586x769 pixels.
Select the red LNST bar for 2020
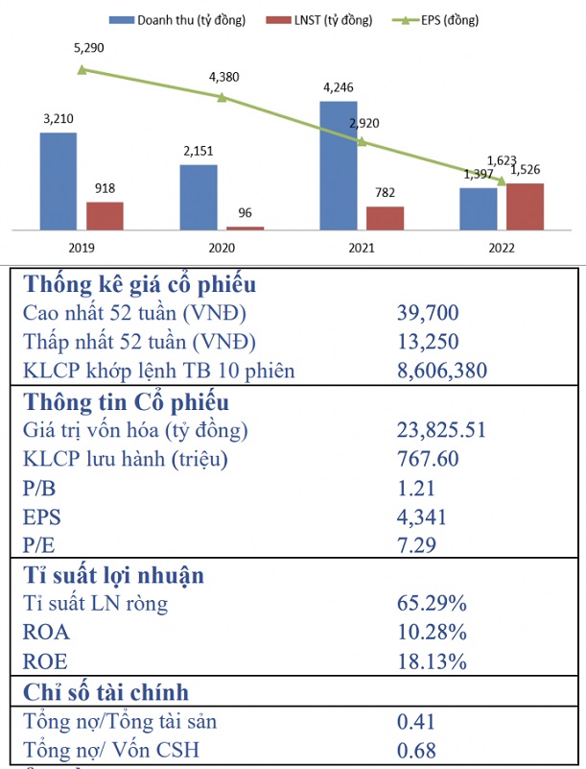coord(246,228)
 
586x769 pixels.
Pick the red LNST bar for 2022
coord(525,206)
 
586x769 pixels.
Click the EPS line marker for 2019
coord(82,69)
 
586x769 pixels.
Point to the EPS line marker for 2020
coord(223,97)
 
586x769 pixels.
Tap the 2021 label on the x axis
coord(362,247)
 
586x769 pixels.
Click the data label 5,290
coord(83,47)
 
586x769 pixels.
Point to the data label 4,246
coord(339,87)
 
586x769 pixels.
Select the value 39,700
coord(428,312)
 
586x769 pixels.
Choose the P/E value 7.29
coord(416,547)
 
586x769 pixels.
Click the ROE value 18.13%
coord(431,662)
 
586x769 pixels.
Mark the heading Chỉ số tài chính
coord(105,692)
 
